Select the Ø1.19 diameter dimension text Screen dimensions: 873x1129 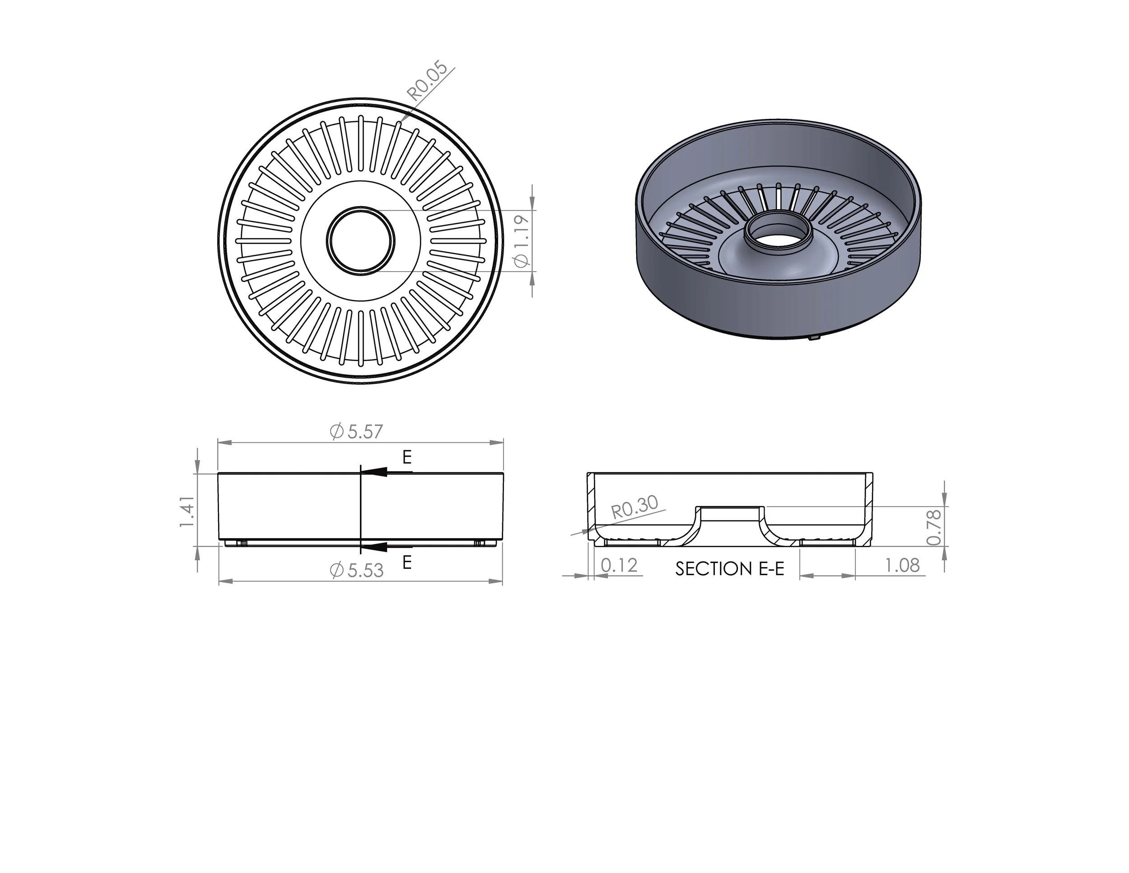[523, 241]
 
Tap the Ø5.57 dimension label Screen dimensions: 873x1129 [357, 432]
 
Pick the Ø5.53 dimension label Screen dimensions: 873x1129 [357, 570]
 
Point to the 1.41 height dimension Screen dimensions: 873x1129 [187, 512]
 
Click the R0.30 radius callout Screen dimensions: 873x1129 [634, 507]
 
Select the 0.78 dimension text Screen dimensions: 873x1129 [933, 527]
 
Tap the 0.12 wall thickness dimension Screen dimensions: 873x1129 [619, 566]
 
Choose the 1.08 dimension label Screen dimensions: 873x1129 [902, 565]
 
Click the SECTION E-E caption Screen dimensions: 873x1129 [729, 569]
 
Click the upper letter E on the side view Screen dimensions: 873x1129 [407, 457]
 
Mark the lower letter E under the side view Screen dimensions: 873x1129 [407, 562]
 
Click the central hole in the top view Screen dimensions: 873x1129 [360, 240]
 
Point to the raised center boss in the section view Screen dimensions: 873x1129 [729, 514]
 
